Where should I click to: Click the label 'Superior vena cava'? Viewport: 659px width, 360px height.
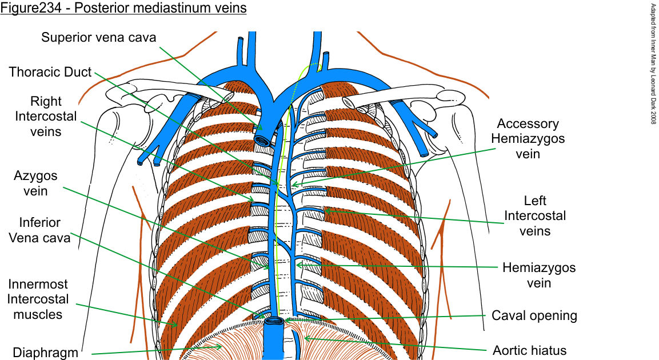pyautogui.click(x=99, y=38)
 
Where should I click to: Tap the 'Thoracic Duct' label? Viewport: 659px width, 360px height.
pyautogui.click(x=50, y=73)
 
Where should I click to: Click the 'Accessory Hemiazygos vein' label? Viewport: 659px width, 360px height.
pyautogui.click(x=528, y=139)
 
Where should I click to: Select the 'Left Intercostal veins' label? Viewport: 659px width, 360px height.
pyautogui.click(x=535, y=216)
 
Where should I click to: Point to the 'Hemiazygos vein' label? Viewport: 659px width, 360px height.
pyautogui.click(x=539, y=274)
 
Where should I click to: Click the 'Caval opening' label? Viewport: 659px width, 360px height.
pyautogui.click(x=534, y=315)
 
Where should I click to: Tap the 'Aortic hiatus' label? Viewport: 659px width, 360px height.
pyautogui.click(x=530, y=350)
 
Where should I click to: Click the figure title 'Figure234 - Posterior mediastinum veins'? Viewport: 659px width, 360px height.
pyautogui.click(x=123, y=10)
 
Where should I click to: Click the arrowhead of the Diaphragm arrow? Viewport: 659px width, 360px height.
pyautogui.click(x=220, y=346)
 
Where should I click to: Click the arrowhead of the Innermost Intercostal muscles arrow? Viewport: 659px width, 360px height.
pyautogui.click(x=176, y=325)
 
